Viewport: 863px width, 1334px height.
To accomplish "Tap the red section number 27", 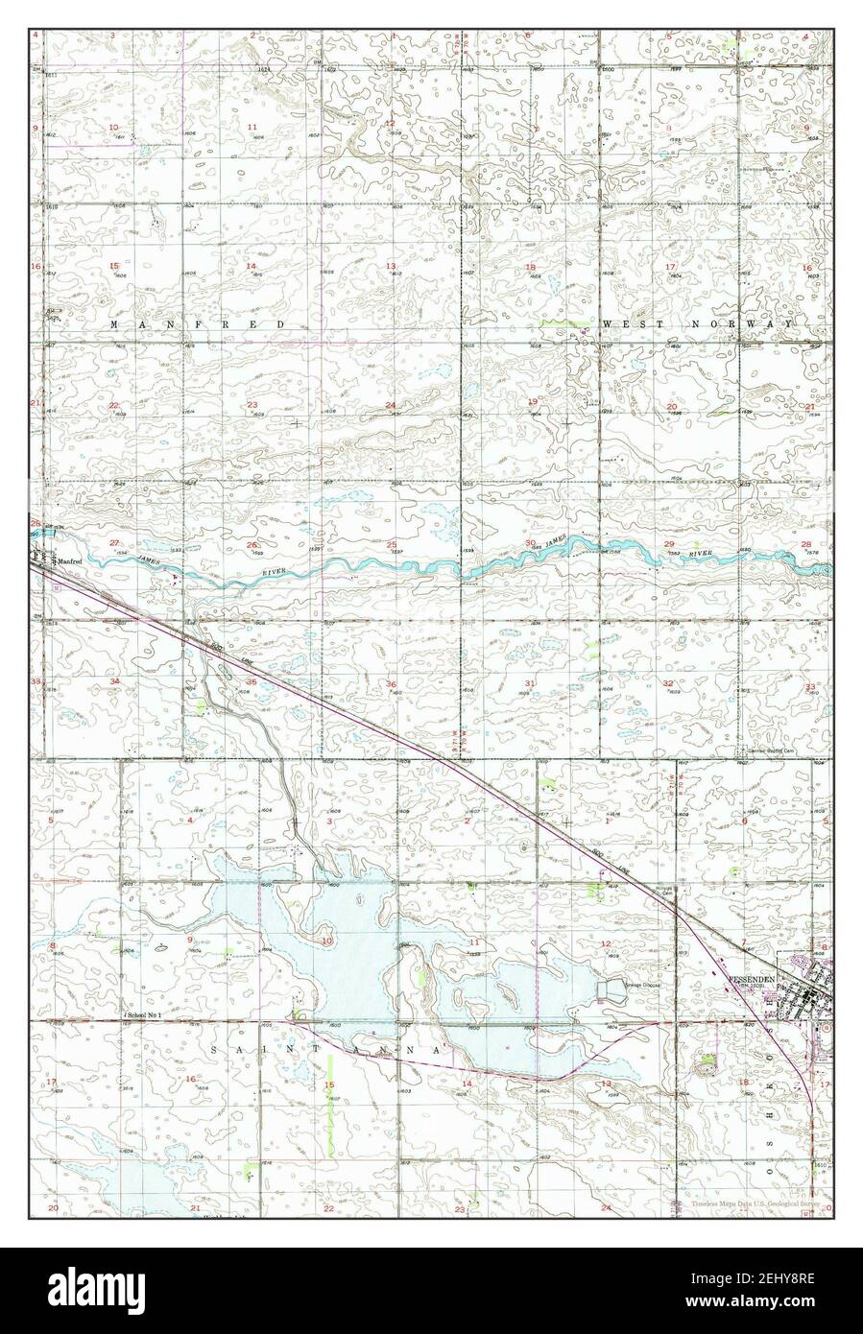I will [114, 543].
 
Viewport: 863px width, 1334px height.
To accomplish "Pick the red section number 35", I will [251, 682].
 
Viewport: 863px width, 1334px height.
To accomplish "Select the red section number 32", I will [667, 682].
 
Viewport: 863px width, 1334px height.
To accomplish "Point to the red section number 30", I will [531, 543].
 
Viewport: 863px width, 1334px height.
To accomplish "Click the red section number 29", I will [669, 544].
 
